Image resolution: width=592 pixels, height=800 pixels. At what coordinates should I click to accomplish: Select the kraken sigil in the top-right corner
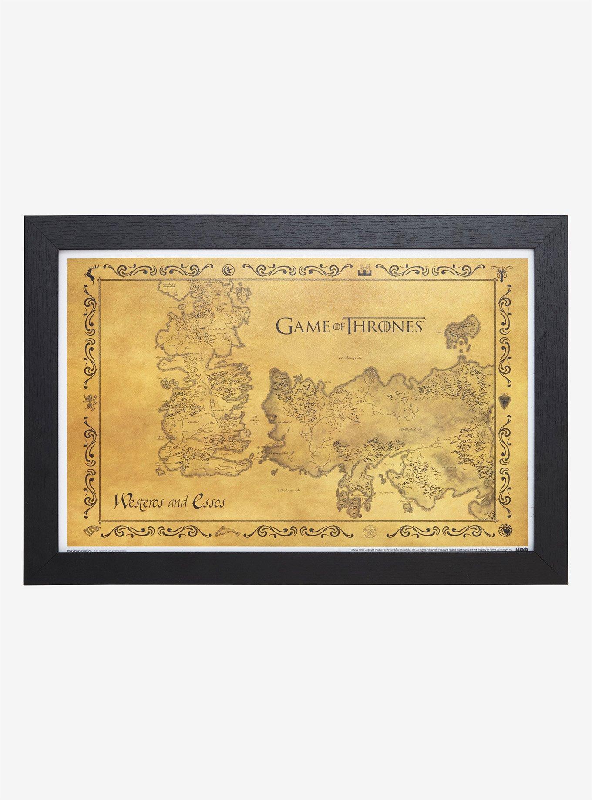501,273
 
